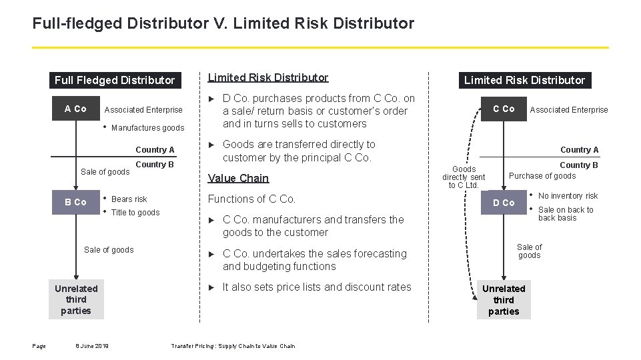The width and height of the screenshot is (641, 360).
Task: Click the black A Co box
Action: pyautogui.click(x=75, y=109)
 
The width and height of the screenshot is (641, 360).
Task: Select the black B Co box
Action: pyautogui.click(x=75, y=202)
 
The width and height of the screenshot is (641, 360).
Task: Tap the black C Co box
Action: pyautogui.click(x=504, y=109)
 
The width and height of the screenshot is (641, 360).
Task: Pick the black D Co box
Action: pyautogui.click(x=504, y=203)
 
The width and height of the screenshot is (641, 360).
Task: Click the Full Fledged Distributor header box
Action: pyautogui.click(x=114, y=80)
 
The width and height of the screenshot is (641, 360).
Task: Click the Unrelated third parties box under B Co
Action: pyautogui.click(x=76, y=299)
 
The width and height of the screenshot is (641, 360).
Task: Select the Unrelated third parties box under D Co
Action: pyautogui.click(x=504, y=299)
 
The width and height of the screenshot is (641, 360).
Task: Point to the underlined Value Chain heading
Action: pyautogui.click(x=238, y=178)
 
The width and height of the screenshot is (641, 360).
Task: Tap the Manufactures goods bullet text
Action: pyautogui.click(x=147, y=128)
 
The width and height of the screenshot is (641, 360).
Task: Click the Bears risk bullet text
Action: pyautogui.click(x=129, y=199)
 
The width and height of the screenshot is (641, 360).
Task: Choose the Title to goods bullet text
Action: pyautogui.click(x=135, y=213)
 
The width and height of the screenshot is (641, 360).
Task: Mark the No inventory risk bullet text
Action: pyautogui.click(x=568, y=196)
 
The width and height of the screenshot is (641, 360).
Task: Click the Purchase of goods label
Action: pyautogui.click(x=542, y=176)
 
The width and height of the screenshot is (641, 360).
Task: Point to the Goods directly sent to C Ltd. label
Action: pyautogui.click(x=464, y=177)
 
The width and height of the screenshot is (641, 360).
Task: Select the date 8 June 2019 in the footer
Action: pyautogui.click(x=93, y=345)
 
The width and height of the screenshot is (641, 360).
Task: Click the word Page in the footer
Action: pyautogui.click(x=39, y=345)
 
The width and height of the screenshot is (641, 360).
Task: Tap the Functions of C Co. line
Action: pyautogui.click(x=251, y=199)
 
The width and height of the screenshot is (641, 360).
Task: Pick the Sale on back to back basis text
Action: pyautogui.click(x=566, y=214)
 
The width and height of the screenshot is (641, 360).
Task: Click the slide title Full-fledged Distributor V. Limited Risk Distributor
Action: pyautogui.click(x=223, y=24)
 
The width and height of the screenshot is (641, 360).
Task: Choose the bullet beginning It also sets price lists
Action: pyautogui.click(x=317, y=287)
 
